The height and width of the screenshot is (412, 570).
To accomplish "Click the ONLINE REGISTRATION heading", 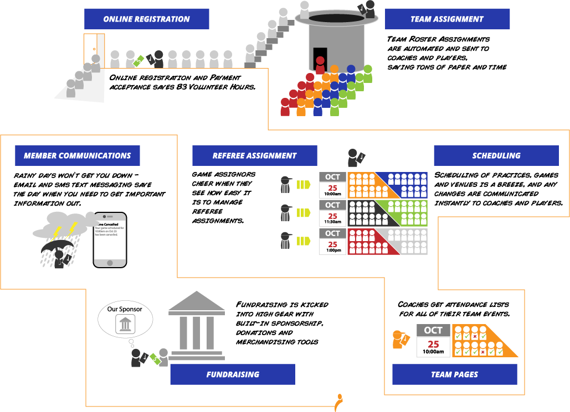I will point(146,19).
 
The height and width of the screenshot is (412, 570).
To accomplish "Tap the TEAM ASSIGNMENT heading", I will point(447,19).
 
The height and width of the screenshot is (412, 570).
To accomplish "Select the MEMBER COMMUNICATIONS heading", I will point(77,156).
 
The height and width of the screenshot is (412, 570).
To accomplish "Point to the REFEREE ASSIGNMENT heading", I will point(254,156).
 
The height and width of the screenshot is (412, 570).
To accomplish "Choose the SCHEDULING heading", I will point(496,156).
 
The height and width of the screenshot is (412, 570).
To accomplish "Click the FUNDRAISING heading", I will point(233,374).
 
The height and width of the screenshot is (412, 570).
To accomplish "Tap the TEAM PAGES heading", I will point(455,374).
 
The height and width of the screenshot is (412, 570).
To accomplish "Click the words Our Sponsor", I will point(125,309).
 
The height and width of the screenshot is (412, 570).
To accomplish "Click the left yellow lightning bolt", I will point(57,233).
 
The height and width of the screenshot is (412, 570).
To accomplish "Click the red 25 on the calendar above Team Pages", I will point(433,344).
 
